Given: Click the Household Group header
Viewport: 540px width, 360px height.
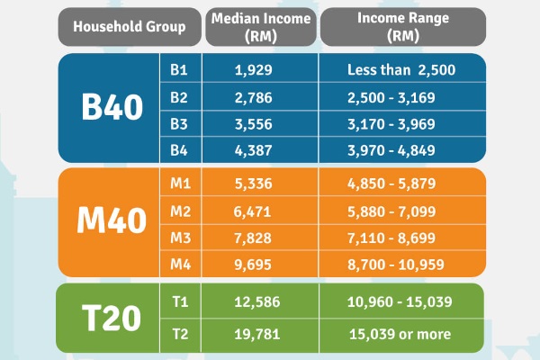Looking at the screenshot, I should click(129, 27).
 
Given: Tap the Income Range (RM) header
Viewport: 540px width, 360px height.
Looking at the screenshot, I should click(403, 27).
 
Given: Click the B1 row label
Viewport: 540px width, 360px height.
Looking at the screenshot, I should click(179, 69).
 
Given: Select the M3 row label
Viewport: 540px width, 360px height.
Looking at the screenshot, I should click(179, 238).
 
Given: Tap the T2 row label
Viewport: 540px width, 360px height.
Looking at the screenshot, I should click(179, 334).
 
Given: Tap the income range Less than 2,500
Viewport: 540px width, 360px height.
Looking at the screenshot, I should click(403, 69).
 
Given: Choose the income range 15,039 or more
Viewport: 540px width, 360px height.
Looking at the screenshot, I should click(403, 334).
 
